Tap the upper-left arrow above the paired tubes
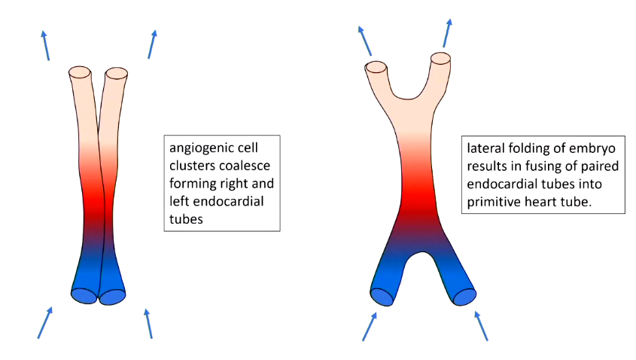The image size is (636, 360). pyautogui.click(x=46, y=44)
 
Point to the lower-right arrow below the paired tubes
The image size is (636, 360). pyautogui.click(x=148, y=323)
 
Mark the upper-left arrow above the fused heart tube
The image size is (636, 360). pyautogui.click(x=364, y=39)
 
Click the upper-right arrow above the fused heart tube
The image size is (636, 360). pyautogui.click(x=447, y=32)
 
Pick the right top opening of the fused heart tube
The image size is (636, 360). pyautogui.click(x=440, y=58)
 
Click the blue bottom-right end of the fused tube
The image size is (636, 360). pyautogui.click(x=464, y=296)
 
